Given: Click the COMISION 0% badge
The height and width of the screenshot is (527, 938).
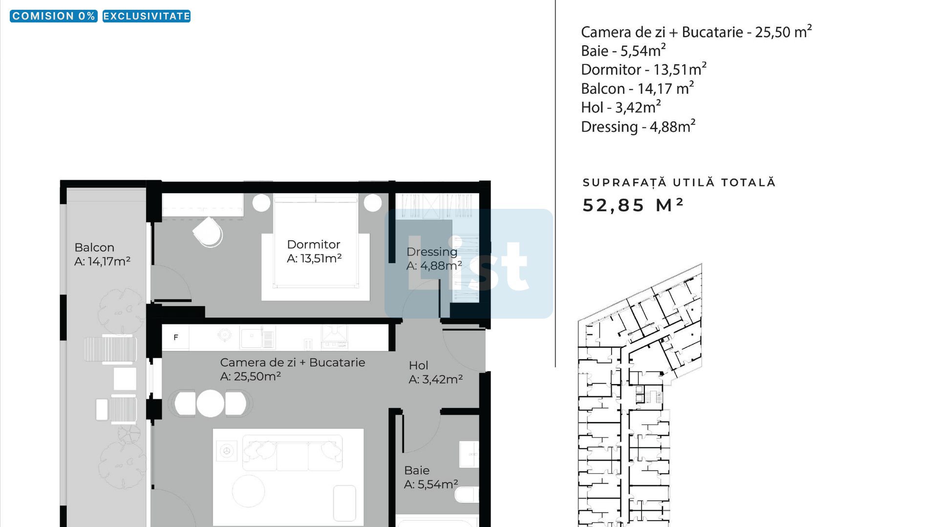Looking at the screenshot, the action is [x=54, y=16].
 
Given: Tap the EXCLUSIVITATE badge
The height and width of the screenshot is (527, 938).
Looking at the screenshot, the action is [x=147, y=16].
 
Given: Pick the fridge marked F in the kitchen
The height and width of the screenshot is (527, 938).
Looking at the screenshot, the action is [x=175, y=337].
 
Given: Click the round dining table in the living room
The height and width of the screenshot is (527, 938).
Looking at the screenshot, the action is [x=211, y=404].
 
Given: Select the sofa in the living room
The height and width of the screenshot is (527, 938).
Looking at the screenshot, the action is [x=292, y=453].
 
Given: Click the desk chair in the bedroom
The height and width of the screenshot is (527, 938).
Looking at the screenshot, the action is [x=208, y=232].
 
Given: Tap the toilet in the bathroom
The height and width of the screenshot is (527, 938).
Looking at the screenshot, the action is [x=467, y=496].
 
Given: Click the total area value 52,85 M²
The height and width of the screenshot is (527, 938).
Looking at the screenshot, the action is [x=633, y=205].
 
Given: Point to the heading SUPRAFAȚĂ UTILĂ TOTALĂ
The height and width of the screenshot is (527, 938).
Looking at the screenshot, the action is [x=679, y=182].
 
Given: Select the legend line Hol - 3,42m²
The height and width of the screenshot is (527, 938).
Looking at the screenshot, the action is [x=621, y=107].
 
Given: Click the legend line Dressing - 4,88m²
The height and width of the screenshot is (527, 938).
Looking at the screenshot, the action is [x=638, y=126].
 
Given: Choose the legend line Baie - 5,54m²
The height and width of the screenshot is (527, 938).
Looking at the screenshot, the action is [x=623, y=50].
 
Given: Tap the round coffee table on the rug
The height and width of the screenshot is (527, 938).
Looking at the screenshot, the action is [x=248, y=491].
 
